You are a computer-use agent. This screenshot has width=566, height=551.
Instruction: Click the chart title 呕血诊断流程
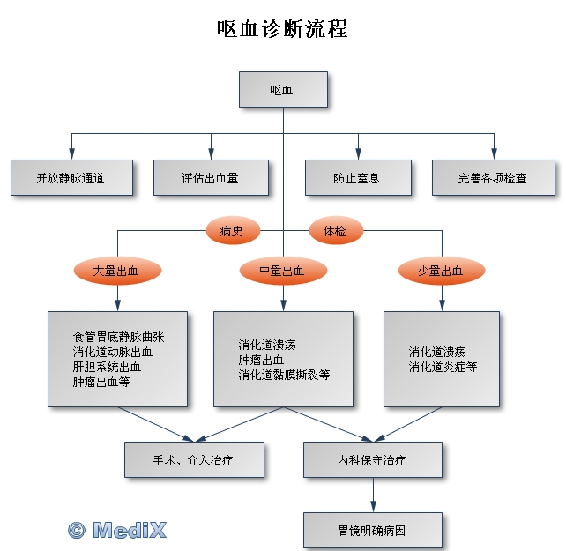[x=282, y=28]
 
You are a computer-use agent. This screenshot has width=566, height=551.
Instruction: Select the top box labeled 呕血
[x=282, y=89]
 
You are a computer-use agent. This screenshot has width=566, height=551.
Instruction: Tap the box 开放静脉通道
[x=71, y=177]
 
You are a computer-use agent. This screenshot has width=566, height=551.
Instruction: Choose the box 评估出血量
[x=210, y=177]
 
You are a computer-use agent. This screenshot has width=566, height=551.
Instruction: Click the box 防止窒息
[x=357, y=177]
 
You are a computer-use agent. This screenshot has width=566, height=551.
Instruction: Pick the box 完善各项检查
[x=493, y=177]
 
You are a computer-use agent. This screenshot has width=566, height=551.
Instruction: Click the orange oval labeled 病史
[x=232, y=231]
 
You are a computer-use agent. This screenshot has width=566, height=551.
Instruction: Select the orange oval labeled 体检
[x=335, y=231]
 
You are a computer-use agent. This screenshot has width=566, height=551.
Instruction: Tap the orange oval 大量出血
[x=116, y=272]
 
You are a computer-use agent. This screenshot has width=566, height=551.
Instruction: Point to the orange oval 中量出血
[x=282, y=272]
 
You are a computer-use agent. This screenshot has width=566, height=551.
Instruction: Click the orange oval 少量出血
[x=441, y=272]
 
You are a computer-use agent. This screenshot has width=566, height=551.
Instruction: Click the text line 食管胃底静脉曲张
[x=118, y=337]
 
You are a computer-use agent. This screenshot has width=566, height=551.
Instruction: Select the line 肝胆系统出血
[x=107, y=367]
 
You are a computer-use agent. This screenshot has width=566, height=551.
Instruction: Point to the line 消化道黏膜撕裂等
[x=284, y=375]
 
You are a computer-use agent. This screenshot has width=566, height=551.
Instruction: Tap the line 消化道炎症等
[x=443, y=367]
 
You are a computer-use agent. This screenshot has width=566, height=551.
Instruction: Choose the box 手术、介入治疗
[x=194, y=459]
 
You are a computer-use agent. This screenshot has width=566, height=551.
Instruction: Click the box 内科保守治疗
[x=372, y=459]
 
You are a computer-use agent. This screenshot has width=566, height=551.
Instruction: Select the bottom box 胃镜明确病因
[x=372, y=531]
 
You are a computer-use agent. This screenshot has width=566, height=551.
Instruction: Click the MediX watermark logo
[x=117, y=529]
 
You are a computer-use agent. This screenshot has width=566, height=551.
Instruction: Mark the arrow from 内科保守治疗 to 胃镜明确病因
[x=372, y=495]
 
